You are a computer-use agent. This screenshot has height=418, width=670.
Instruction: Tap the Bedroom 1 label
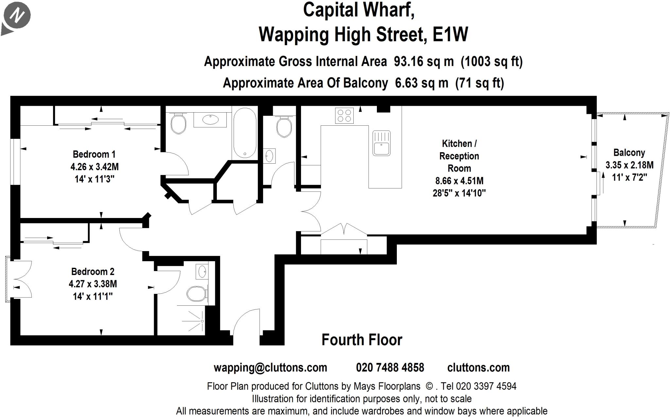(x=94, y=154)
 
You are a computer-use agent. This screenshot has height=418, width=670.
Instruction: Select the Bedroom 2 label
(x=93, y=272)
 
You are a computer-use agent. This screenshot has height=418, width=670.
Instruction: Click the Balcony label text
(x=629, y=153)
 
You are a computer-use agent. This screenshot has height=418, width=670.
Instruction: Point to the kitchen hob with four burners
(x=344, y=115)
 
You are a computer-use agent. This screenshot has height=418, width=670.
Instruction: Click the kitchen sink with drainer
(x=381, y=143)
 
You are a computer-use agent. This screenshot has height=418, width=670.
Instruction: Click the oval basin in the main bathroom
(x=210, y=119)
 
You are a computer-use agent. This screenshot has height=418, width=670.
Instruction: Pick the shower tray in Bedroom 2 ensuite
(x=191, y=320)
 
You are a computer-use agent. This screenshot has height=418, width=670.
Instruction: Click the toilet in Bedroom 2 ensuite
(x=197, y=294)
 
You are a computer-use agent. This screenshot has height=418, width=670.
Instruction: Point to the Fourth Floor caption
(x=362, y=340)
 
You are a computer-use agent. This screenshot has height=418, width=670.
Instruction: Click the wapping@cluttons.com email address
(x=270, y=368)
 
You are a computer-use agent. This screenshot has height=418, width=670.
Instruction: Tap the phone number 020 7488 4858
(x=390, y=368)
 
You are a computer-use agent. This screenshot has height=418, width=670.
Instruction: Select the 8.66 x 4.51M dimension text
(x=459, y=181)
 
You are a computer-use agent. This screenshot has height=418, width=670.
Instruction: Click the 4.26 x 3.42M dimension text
(x=95, y=167)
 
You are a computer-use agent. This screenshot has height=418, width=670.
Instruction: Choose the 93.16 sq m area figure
(x=424, y=62)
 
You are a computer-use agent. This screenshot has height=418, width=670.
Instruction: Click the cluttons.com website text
(x=478, y=368)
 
